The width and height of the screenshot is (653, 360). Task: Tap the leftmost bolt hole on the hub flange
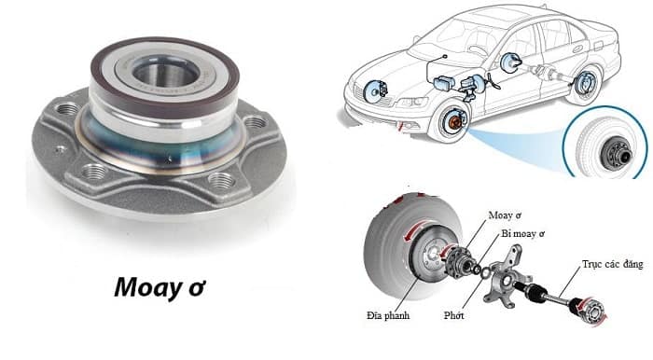click(66, 111)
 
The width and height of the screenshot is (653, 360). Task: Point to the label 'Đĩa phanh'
click(394, 316)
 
